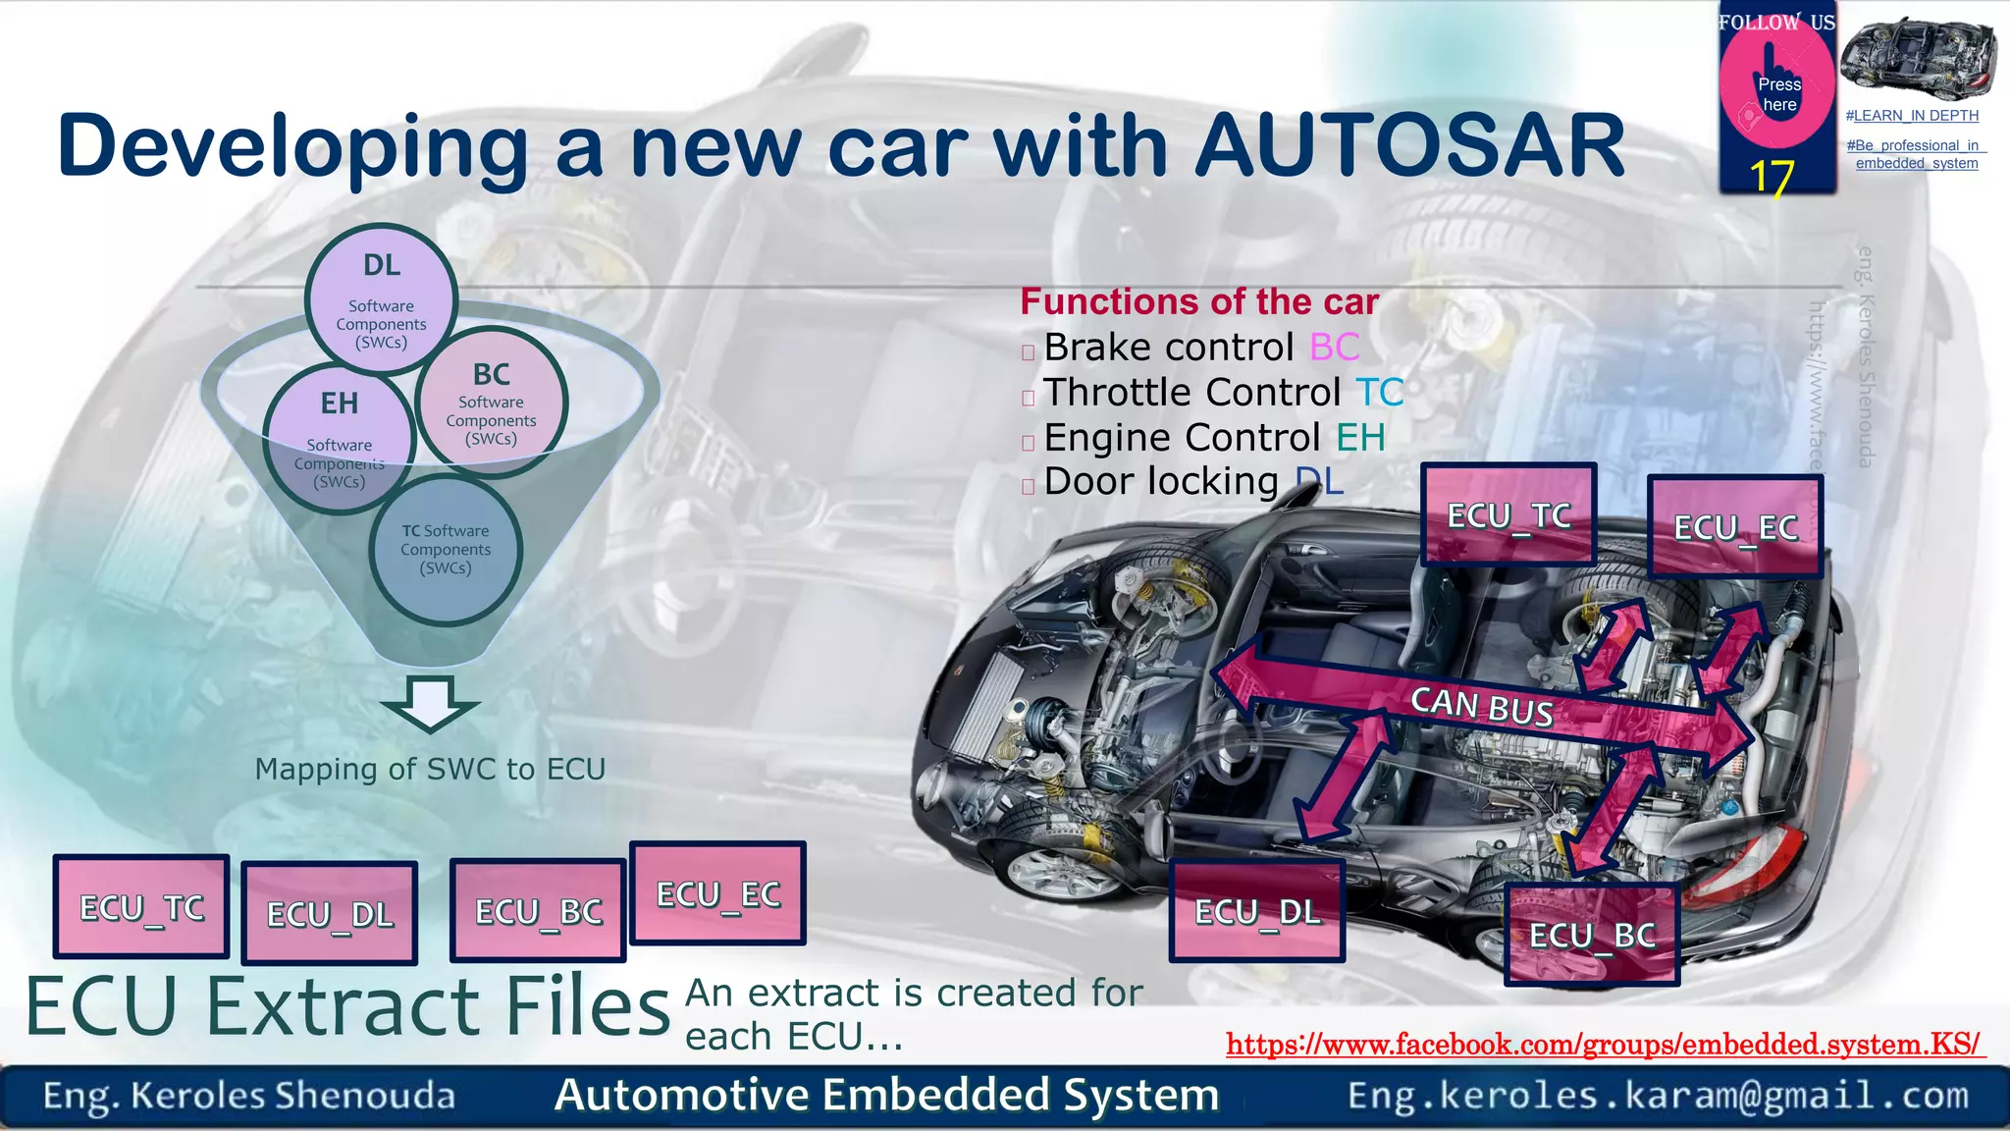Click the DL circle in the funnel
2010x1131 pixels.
point(381,298)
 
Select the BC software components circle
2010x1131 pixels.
point(491,402)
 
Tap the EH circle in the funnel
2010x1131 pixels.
point(339,438)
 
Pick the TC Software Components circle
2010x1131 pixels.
point(446,550)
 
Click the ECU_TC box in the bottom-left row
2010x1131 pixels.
point(142,907)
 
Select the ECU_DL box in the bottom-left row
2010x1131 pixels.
point(330,913)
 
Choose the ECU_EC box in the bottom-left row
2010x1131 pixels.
point(717,893)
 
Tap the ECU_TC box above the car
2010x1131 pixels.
point(1508,514)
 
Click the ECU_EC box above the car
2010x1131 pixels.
point(1735,527)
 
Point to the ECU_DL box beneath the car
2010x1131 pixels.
point(1257,911)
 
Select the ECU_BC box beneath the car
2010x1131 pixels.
point(1592,935)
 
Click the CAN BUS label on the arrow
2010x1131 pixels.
point(1482,705)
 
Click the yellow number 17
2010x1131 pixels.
point(1772,178)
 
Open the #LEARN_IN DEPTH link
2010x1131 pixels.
point(1912,116)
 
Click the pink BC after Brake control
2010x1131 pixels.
point(1335,347)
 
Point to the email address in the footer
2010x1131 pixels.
point(1658,1096)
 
